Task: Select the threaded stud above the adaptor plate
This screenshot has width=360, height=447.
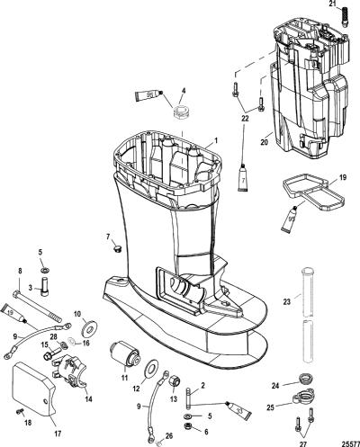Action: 344,17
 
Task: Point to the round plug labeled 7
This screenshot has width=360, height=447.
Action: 117,248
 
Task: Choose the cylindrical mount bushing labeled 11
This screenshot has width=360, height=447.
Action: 126,354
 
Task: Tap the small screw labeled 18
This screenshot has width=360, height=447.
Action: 21,412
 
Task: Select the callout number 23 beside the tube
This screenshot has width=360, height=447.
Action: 287,301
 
